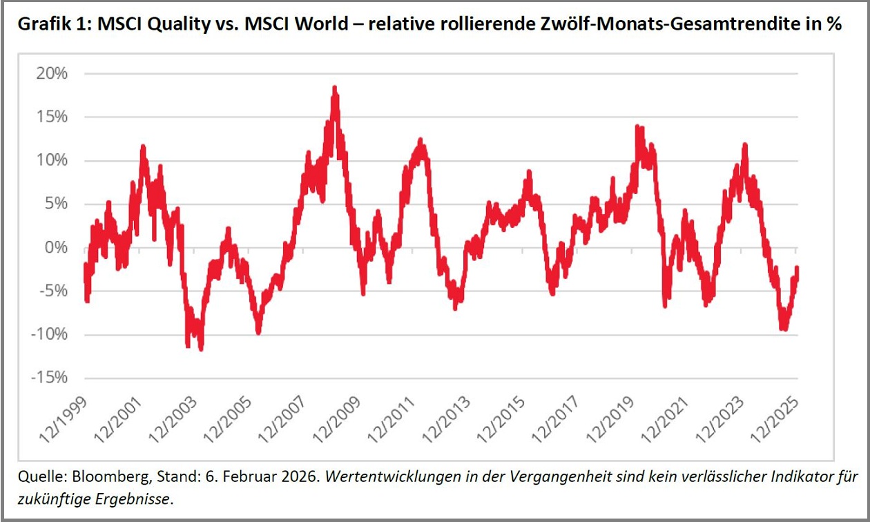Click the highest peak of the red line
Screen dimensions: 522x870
click(334, 88)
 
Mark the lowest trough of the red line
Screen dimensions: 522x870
click(201, 349)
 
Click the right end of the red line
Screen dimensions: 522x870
click(797, 269)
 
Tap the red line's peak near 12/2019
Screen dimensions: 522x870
click(637, 127)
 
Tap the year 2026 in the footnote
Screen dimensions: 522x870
click(296, 477)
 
